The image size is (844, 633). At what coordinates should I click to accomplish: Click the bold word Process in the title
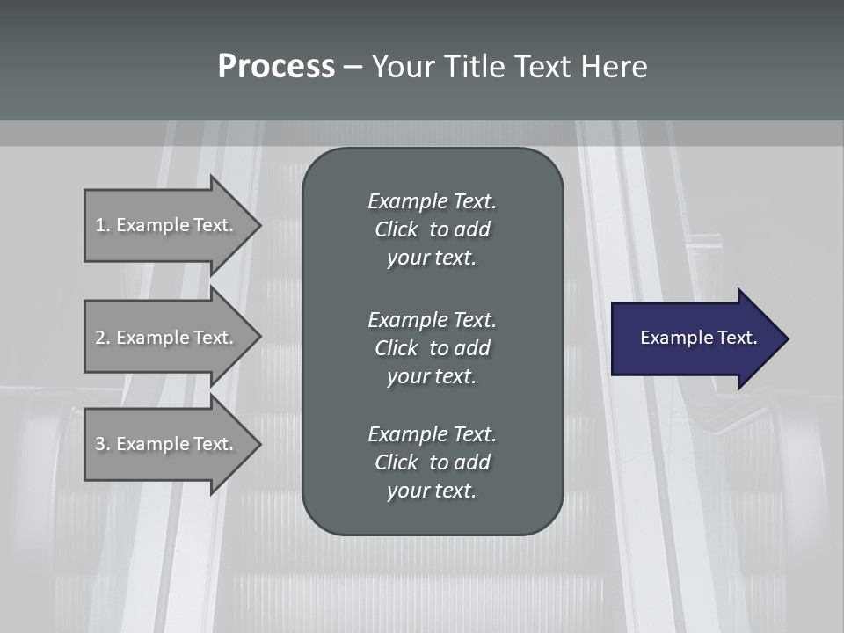tap(276, 67)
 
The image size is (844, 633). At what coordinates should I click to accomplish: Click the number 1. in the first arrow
tap(102, 225)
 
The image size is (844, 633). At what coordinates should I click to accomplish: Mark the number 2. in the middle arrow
tap(102, 338)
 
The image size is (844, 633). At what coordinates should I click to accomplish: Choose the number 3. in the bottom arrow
tap(102, 444)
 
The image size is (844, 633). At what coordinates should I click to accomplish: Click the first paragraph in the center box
tap(432, 229)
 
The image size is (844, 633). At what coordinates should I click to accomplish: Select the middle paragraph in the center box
tap(432, 347)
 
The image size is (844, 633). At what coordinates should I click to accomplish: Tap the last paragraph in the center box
tap(432, 462)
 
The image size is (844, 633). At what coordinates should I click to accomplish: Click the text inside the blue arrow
tap(698, 338)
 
